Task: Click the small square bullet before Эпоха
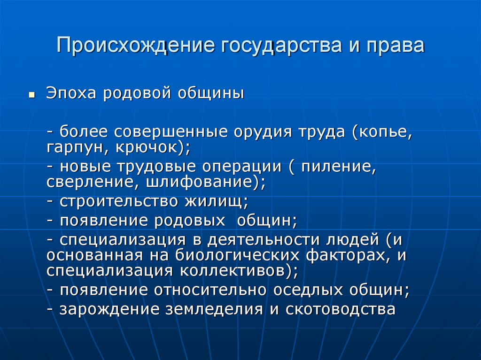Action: (x=32, y=94)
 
